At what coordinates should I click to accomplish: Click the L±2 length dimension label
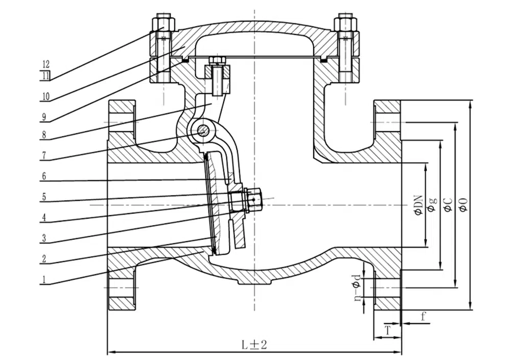254,345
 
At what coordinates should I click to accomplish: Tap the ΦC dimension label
448,205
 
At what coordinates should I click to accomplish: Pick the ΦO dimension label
463,205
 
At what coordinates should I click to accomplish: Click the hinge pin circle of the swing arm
204,130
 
